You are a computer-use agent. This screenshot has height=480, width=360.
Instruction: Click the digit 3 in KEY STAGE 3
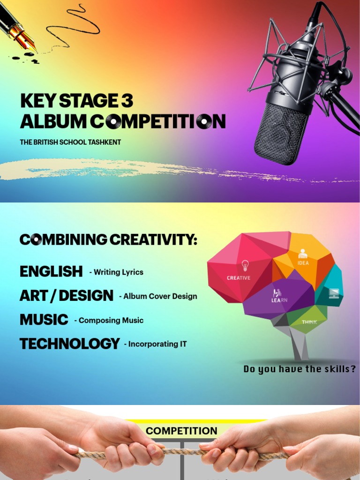(126, 101)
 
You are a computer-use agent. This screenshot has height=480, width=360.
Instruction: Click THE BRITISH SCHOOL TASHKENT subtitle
(70, 142)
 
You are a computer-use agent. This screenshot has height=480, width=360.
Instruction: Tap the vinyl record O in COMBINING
(36, 240)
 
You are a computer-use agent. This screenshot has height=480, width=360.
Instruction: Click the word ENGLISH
(51, 271)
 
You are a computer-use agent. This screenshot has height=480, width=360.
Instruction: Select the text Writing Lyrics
(118, 272)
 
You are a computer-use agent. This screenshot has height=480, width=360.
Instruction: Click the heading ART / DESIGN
(66, 296)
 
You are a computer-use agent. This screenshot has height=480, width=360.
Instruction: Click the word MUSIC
(44, 320)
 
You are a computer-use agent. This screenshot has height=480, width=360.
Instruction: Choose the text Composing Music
(111, 321)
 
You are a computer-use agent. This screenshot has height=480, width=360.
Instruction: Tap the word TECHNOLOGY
(69, 344)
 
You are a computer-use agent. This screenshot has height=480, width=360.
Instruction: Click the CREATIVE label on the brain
(239, 277)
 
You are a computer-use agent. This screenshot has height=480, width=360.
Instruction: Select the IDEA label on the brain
(303, 263)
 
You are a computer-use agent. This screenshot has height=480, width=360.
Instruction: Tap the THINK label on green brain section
(309, 322)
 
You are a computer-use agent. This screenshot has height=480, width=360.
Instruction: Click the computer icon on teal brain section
(334, 293)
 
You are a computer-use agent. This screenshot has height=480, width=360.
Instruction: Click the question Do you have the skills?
(300, 369)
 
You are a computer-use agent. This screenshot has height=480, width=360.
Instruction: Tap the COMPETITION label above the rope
(181, 431)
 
